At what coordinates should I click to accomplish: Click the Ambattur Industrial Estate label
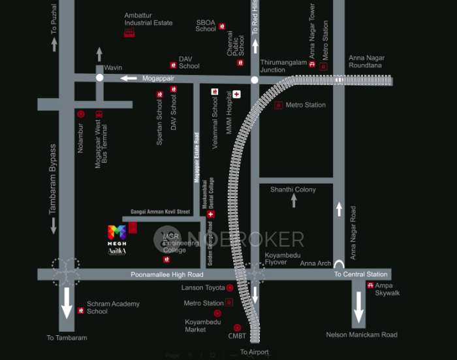tap(149, 18)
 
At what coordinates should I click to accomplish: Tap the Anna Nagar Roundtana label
tap(366, 62)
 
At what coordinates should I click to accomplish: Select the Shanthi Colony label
tap(293, 189)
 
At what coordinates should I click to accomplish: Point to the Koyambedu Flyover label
tap(276, 258)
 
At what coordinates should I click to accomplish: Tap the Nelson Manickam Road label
tap(362, 335)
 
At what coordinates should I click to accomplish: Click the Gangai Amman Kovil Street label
tap(160, 212)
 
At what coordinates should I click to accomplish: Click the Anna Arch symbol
tap(339, 264)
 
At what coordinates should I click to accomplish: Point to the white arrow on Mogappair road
tap(128, 78)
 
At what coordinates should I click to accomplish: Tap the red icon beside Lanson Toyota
tap(230, 287)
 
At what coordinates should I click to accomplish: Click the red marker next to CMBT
tap(237, 327)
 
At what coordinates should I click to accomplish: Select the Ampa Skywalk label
tap(388, 289)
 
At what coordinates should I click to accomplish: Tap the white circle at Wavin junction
tap(100, 78)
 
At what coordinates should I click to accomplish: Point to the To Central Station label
tap(361, 274)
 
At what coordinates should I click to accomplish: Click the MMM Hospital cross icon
tap(236, 94)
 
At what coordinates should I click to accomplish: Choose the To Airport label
tap(255, 352)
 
